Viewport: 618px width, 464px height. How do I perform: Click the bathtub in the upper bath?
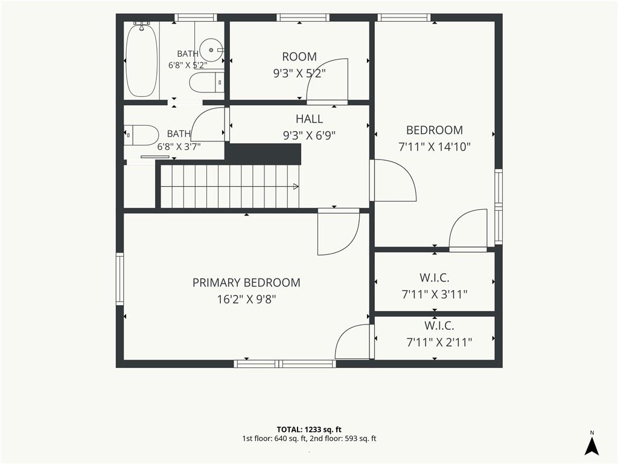(x=141, y=60)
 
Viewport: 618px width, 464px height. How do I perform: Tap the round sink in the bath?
(x=212, y=50)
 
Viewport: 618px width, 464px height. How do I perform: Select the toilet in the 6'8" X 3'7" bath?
(x=141, y=135)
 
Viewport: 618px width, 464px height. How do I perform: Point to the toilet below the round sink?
(x=206, y=82)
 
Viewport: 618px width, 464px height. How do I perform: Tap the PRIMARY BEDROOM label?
(x=246, y=283)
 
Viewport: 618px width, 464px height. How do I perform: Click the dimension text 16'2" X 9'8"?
(x=246, y=300)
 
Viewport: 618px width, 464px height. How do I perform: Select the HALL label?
(x=310, y=119)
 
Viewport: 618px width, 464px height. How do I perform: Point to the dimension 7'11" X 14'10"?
(x=435, y=147)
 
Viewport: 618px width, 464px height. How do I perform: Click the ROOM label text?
(x=299, y=57)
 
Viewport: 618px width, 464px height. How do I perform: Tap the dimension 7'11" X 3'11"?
(x=435, y=294)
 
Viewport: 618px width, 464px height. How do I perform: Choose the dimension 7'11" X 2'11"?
(x=439, y=342)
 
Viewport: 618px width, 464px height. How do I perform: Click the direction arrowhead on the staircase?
(x=296, y=187)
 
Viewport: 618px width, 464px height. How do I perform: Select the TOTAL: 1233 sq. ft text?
(x=310, y=430)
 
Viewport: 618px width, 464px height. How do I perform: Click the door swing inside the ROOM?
(x=328, y=80)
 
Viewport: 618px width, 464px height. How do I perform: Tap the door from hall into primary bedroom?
(x=339, y=233)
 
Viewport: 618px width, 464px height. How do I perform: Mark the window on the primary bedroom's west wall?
(x=120, y=279)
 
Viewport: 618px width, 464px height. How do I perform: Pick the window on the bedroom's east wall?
(x=499, y=207)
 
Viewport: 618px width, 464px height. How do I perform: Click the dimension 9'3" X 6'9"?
(x=310, y=136)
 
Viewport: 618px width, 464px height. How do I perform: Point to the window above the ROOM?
(x=303, y=18)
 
